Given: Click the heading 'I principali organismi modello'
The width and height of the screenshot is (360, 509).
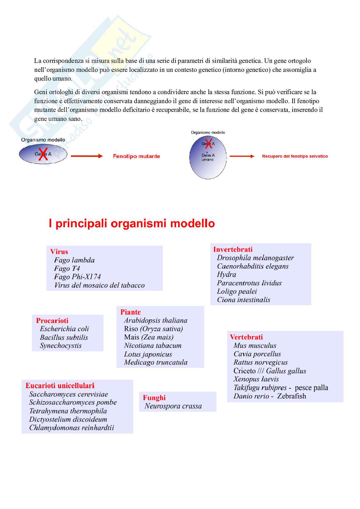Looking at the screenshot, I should (132, 223).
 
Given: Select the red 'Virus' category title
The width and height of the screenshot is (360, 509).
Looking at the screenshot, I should (59, 252).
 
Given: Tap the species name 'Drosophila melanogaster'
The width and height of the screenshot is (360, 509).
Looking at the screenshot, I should (255, 258).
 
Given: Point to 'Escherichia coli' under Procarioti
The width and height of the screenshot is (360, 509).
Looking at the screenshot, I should (64, 329).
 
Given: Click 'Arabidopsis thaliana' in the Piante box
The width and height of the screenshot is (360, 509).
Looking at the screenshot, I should (155, 320).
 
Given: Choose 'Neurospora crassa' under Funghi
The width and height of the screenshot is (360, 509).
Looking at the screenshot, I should (173, 406).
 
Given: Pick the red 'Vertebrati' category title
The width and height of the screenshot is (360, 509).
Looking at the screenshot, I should (246, 337).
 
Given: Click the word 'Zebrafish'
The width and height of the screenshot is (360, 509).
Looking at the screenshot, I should (291, 396).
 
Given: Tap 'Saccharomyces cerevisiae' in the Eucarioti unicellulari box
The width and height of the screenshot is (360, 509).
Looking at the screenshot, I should (68, 394).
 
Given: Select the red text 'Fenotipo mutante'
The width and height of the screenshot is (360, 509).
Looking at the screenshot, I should (136, 156).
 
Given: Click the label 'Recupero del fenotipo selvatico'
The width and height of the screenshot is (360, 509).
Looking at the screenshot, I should (295, 156).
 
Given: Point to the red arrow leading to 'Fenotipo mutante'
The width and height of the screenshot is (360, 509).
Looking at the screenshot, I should (86, 156).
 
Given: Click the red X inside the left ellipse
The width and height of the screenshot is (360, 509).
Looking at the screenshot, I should (43, 154).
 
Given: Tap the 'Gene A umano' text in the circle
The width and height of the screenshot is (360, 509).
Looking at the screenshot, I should (208, 157).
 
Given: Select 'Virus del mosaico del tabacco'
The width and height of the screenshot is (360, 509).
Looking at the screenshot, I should (99, 285).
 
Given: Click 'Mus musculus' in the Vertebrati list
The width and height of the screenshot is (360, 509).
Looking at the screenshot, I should (255, 346).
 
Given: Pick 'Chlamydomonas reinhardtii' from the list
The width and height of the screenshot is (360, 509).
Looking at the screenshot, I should (72, 428).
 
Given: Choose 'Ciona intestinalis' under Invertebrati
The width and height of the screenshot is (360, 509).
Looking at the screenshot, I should (244, 300).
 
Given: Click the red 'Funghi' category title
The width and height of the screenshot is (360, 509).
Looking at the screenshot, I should (154, 398).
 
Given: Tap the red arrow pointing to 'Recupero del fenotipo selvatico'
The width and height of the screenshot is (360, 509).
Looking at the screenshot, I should (242, 156).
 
